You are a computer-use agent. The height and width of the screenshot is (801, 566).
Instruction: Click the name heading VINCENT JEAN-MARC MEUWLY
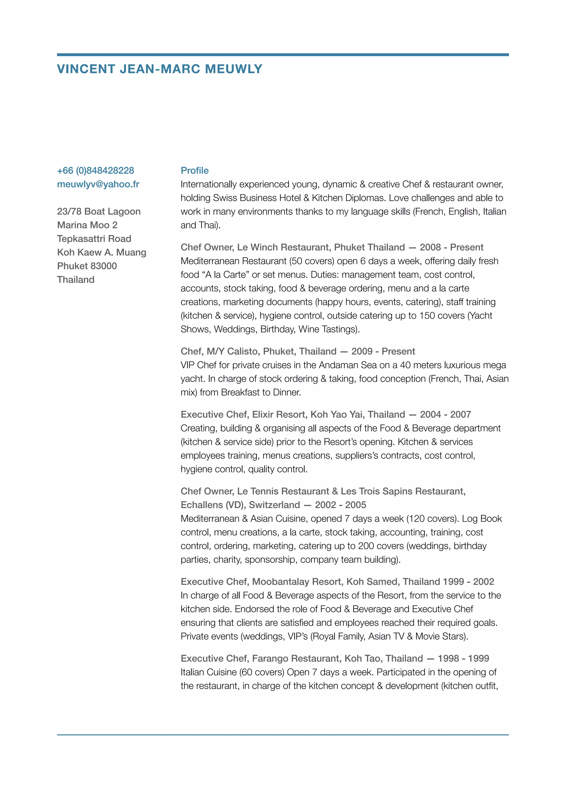click(159, 69)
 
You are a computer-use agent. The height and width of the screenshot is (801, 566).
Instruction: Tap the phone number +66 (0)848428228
click(96, 171)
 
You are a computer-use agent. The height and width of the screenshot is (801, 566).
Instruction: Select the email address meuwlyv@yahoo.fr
click(98, 184)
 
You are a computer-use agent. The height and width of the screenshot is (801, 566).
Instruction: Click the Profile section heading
click(194, 171)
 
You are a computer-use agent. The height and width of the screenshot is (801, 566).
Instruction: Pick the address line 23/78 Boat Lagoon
click(99, 211)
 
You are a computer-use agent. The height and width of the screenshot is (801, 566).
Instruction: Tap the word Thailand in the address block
click(76, 280)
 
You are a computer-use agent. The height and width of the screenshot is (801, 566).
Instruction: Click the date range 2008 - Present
click(451, 247)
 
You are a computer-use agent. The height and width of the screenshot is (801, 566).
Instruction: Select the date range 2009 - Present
click(383, 351)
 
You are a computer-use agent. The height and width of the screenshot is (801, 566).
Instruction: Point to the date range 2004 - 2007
click(445, 414)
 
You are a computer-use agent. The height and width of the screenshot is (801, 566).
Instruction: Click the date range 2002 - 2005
click(340, 505)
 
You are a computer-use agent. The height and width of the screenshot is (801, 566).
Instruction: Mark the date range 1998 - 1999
click(463, 658)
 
